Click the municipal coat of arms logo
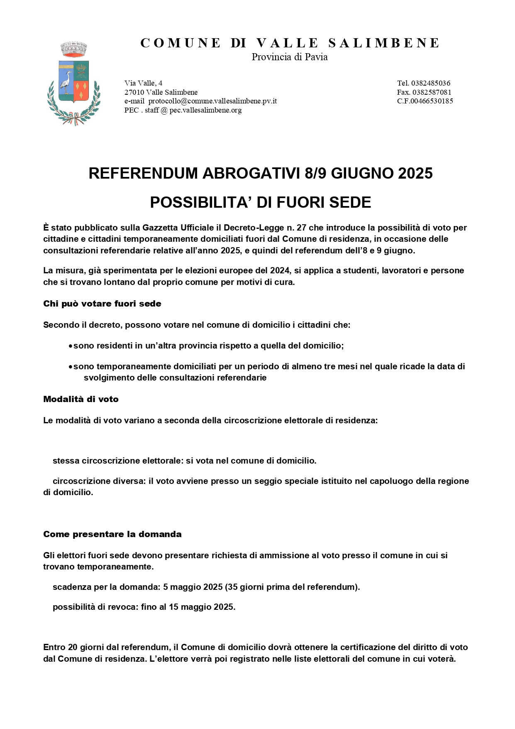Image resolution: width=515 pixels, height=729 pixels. coord(73,83)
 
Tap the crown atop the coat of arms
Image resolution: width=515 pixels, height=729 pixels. coord(73,49)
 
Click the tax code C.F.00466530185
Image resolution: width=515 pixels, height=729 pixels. coord(425,101)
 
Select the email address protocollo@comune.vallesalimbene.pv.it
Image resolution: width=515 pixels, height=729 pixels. coord(212,101)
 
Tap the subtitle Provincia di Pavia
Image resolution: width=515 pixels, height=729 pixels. coord(289,57)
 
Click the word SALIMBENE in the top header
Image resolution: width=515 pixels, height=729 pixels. coord(384,43)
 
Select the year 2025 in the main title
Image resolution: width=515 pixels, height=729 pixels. coord(415,173)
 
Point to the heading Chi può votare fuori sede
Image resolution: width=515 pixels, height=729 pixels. coord(102,304)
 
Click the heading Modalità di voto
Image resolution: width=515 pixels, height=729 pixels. coord(81,399)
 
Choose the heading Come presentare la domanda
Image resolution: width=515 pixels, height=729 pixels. coord(112,534)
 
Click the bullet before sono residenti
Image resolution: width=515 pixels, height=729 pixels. coord(71,346)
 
